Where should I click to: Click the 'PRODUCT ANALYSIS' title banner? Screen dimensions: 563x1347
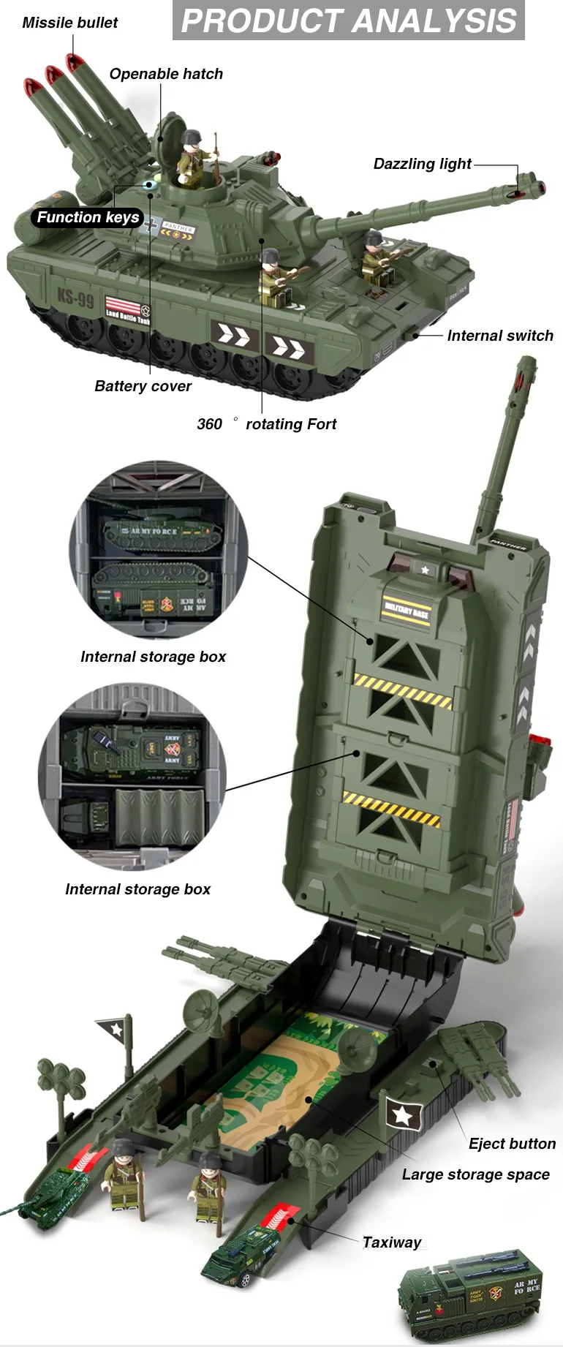click(349, 20)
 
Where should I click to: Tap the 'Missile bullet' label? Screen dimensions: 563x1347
click(69, 23)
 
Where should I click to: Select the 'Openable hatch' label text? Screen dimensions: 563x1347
click(166, 74)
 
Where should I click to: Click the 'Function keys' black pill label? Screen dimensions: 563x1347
click(88, 217)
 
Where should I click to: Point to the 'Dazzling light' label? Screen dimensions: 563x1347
click(422, 164)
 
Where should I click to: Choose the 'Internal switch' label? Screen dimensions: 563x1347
click(500, 336)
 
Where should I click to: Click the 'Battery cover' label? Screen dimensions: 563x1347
click(143, 386)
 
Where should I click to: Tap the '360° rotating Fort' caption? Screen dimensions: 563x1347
click(267, 424)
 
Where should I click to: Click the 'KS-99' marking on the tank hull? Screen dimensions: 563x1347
click(76, 298)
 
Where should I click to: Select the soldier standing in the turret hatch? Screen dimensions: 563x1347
click(192, 155)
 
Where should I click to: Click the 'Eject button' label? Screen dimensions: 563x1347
click(512, 1144)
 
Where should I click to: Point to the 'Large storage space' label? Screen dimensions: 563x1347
click(475, 1174)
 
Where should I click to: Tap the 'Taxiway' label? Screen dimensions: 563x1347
click(392, 1242)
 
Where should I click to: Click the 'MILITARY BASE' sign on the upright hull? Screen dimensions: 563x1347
click(407, 609)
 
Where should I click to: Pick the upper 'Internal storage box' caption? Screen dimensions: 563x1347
click(153, 657)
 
